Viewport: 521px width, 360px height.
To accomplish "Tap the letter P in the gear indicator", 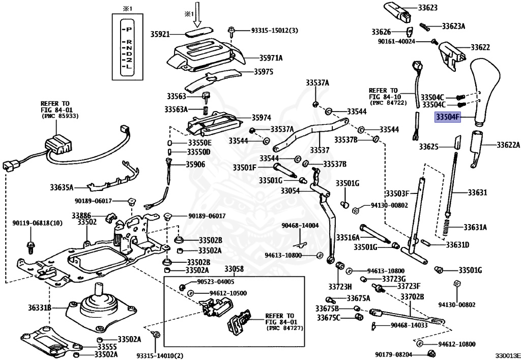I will (x=129, y=30).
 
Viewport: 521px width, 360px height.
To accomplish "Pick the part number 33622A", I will (x=508, y=145).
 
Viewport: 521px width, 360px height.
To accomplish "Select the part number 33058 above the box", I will (x=234, y=269).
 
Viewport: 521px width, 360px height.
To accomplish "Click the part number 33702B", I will (x=412, y=296).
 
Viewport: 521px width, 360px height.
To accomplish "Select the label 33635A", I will (x=62, y=187).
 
